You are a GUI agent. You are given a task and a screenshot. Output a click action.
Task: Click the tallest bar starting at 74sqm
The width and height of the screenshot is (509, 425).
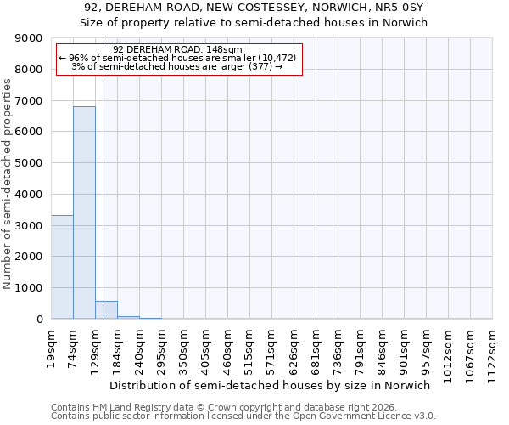[84, 212]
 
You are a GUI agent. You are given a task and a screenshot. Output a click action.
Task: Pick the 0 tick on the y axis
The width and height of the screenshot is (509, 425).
[39, 320]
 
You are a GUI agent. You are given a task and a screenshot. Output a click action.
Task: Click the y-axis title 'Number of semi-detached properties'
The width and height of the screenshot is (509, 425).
[8, 184]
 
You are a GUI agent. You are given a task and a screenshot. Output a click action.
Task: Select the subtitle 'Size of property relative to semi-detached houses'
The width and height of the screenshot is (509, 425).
[254, 23]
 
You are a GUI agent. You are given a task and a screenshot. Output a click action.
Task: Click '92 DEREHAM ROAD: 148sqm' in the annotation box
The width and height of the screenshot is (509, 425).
[178, 49]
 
